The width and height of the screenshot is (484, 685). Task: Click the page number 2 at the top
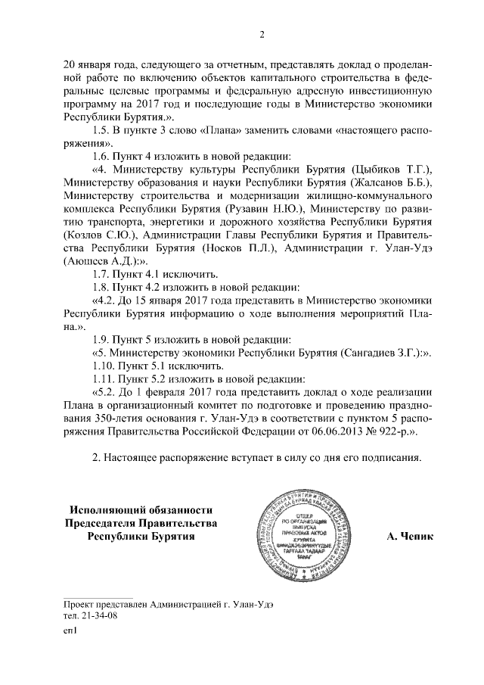coord(261,33)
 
